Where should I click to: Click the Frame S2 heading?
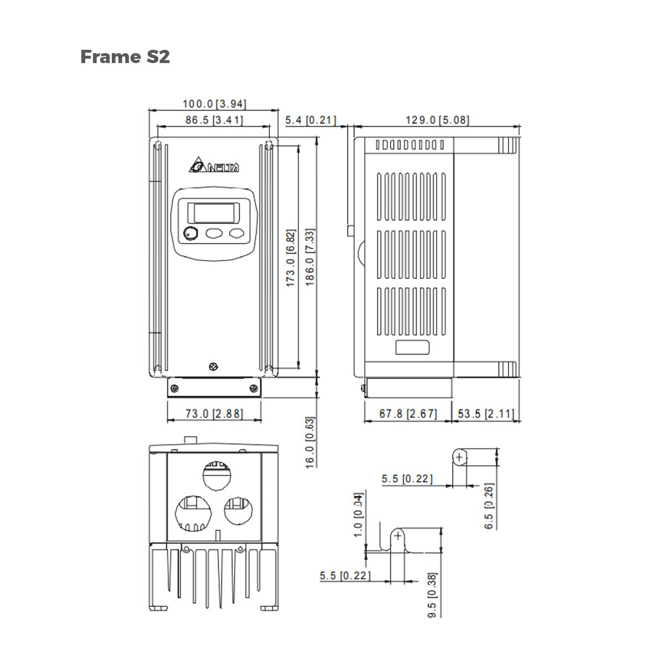click(125, 56)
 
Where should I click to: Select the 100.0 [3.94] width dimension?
click(214, 103)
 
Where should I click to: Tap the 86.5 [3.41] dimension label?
click(214, 120)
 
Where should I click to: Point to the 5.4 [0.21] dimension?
click(311, 120)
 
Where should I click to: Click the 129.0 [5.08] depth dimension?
click(437, 120)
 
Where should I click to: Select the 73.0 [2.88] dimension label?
click(214, 413)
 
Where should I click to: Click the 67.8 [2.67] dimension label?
click(408, 413)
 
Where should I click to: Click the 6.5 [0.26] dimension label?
click(490, 506)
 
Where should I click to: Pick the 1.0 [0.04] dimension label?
click(358, 514)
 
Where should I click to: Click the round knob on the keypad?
click(190, 234)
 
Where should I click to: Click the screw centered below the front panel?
click(214, 366)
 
